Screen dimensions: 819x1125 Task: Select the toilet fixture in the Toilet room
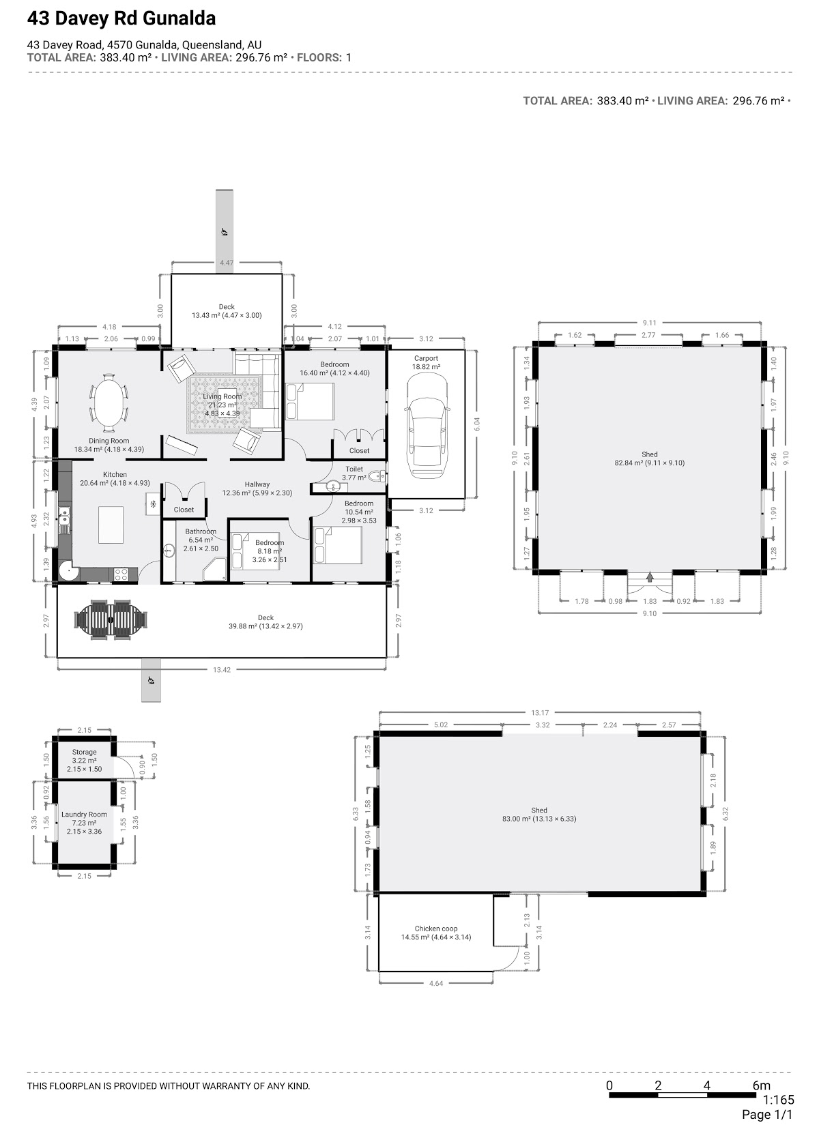click(377, 476)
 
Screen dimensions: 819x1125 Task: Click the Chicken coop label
click(436, 929)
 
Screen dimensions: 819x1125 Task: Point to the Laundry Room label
click(84, 814)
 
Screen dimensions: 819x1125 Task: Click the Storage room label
click(84, 752)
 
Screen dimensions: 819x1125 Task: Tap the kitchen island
click(111, 525)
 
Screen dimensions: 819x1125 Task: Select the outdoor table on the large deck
click(111, 619)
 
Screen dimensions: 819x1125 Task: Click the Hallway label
click(257, 484)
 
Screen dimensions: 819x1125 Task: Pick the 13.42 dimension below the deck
click(222, 669)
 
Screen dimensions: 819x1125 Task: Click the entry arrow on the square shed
click(650, 577)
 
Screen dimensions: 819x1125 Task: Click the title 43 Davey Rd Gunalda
click(121, 18)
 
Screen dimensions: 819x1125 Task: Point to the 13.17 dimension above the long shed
click(540, 713)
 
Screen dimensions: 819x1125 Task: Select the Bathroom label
click(201, 531)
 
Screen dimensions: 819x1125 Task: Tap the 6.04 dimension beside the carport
click(477, 424)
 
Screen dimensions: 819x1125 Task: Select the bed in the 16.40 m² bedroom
click(309, 401)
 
